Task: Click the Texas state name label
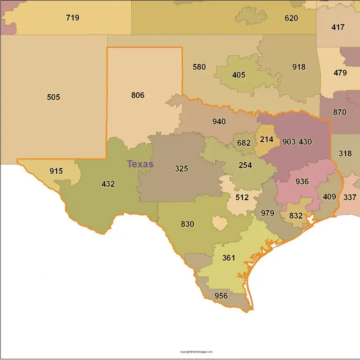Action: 140,164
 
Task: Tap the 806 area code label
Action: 138,95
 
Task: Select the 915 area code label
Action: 56,171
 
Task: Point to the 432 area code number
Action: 108,184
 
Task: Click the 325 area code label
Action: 181,169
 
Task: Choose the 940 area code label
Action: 219,122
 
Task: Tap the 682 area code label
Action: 244,143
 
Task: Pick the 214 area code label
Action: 267,139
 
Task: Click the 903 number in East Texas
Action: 289,142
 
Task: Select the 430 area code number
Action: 305,142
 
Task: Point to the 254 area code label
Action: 245,165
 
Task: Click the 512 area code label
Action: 242,197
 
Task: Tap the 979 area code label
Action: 267,213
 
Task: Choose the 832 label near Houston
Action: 296,216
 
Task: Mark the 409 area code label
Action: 330,197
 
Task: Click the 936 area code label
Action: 302,181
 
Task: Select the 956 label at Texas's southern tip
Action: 221,296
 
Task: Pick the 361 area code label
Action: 229,258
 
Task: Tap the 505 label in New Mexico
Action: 53,97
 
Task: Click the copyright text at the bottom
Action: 196,352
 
